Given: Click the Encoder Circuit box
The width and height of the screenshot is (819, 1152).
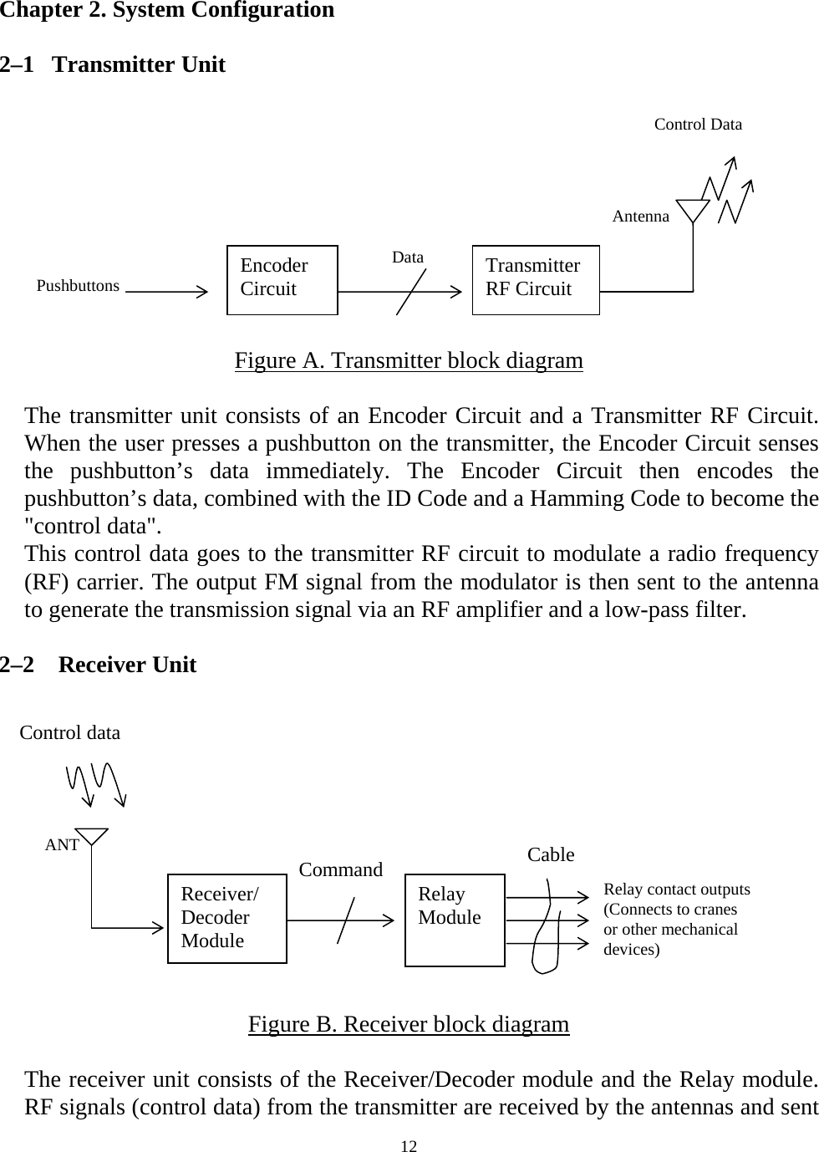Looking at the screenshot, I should point(282,280).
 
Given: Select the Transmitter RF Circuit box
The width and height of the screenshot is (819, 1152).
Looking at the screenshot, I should point(536,280).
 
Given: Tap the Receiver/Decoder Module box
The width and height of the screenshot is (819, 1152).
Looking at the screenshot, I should point(227,919).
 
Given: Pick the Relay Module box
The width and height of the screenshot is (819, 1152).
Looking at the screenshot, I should point(455,920).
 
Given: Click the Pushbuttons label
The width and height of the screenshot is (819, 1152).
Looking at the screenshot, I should point(79,286).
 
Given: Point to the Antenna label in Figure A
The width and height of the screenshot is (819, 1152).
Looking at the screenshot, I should point(640,217).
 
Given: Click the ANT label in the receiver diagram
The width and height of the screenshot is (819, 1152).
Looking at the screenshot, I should point(62,845).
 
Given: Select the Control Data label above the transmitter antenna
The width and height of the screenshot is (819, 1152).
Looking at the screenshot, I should point(698,125).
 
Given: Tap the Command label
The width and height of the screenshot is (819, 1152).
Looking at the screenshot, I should point(341,869).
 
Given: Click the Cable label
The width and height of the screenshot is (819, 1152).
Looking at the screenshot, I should point(551,854).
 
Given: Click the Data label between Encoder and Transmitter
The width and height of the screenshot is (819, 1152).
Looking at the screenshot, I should point(408,257).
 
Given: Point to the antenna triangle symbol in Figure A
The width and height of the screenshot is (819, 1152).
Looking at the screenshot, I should point(693,210).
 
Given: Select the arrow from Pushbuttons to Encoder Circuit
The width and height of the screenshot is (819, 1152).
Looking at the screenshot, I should point(167,292).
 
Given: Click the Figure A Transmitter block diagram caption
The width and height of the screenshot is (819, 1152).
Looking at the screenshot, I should point(409,361).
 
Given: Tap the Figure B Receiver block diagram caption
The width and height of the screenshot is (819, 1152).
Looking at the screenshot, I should point(409,1024).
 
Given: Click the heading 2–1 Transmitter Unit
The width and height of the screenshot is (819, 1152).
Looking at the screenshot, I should point(113,65).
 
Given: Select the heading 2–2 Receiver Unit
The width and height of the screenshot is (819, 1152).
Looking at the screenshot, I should point(99,665).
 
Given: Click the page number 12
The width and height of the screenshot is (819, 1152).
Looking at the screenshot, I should point(409,1144).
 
